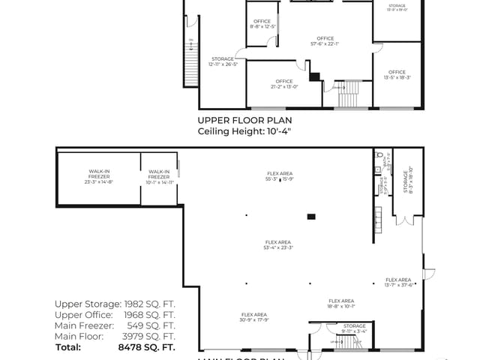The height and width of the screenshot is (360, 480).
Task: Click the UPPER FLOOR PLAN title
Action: click(x=244, y=120)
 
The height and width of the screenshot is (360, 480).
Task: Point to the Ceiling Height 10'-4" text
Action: click(x=244, y=131)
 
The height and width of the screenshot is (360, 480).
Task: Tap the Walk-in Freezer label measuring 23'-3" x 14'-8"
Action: click(x=99, y=177)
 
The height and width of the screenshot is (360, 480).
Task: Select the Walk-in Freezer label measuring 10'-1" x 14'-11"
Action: click(x=159, y=177)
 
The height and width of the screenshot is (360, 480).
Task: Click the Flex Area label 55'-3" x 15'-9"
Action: click(x=278, y=177)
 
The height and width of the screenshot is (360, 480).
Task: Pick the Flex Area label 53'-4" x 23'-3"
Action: click(x=278, y=244)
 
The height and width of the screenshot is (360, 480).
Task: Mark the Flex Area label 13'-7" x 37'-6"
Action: click(x=398, y=282)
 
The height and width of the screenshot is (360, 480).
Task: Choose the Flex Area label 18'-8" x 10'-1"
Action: click(x=340, y=303)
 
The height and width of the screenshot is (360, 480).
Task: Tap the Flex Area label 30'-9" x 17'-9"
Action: click(x=254, y=316)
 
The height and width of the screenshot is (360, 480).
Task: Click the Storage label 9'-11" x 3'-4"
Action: click(x=354, y=328)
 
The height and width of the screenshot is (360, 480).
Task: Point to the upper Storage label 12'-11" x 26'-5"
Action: click(x=223, y=61)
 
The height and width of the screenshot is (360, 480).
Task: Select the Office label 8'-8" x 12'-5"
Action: click(x=262, y=24)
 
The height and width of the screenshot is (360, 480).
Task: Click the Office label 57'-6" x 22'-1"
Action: click(x=325, y=40)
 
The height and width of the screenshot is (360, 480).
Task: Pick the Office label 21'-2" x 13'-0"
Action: click(x=283, y=83)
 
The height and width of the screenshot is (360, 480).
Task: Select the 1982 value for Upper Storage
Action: click(x=149, y=304)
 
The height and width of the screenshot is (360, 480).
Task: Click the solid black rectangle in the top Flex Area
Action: click(x=311, y=217)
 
